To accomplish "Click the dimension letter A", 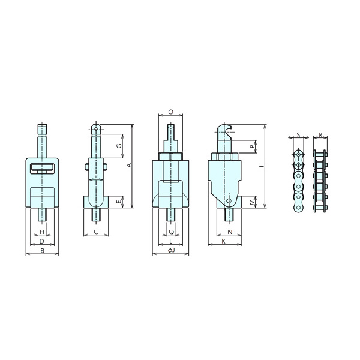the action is (x=129, y=165).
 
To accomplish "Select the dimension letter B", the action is (x=42, y=251).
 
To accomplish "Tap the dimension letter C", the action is (x=96, y=232).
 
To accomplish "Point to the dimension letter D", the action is (x=42, y=241).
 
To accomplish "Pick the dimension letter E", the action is (x=118, y=202).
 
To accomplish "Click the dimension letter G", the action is (x=119, y=146).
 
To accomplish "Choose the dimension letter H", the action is (x=42, y=232).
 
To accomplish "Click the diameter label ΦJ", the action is (x=171, y=250).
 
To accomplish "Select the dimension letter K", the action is (x=223, y=241).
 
